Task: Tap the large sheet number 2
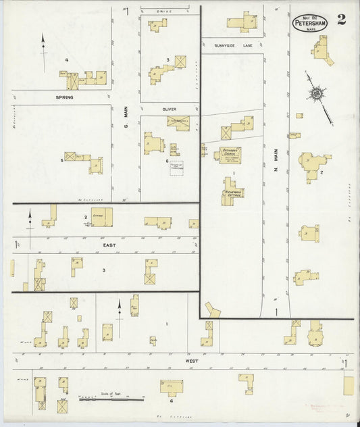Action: pyautogui.click(x=342, y=19)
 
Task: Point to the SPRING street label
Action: pyautogui.click(x=64, y=97)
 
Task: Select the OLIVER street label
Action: pyautogui.click(x=169, y=108)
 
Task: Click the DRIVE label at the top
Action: pyautogui.click(x=165, y=11)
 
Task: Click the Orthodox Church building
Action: pyautogui.click(x=228, y=153)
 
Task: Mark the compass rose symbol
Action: pyautogui.click(x=315, y=94)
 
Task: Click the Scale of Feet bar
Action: pyautogui.click(x=111, y=400)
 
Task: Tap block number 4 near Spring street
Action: pyautogui.click(x=66, y=60)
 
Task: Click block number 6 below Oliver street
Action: pyautogui.click(x=167, y=160)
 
